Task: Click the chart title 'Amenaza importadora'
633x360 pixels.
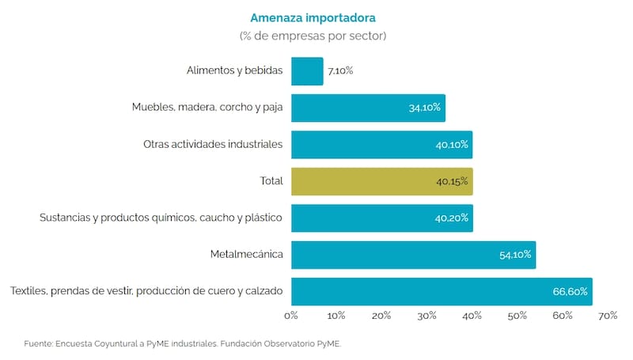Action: [x=313, y=17]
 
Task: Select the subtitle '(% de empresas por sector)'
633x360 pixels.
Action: [x=313, y=36]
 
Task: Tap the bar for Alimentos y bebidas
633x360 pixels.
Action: [x=307, y=71]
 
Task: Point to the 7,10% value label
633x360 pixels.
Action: [x=340, y=71]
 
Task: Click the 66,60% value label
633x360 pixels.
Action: [x=570, y=292]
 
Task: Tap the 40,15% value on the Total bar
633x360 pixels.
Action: [x=452, y=181]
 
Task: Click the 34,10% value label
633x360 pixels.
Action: [x=425, y=108]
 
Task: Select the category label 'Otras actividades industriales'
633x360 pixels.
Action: [x=213, y=145]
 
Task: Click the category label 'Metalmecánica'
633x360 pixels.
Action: [x=246, y=255]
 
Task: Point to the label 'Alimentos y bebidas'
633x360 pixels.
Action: [x=235, y=71]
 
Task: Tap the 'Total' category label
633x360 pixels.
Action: [x=271, y=181]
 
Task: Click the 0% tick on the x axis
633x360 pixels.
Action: [x=290, y=316]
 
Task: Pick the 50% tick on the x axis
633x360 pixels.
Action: [x=517, y=316]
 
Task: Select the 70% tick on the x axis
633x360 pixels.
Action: [x=608, y=316]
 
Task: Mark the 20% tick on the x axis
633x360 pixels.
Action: [x=381, y=316]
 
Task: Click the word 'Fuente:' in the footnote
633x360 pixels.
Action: [x=38, y=343]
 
